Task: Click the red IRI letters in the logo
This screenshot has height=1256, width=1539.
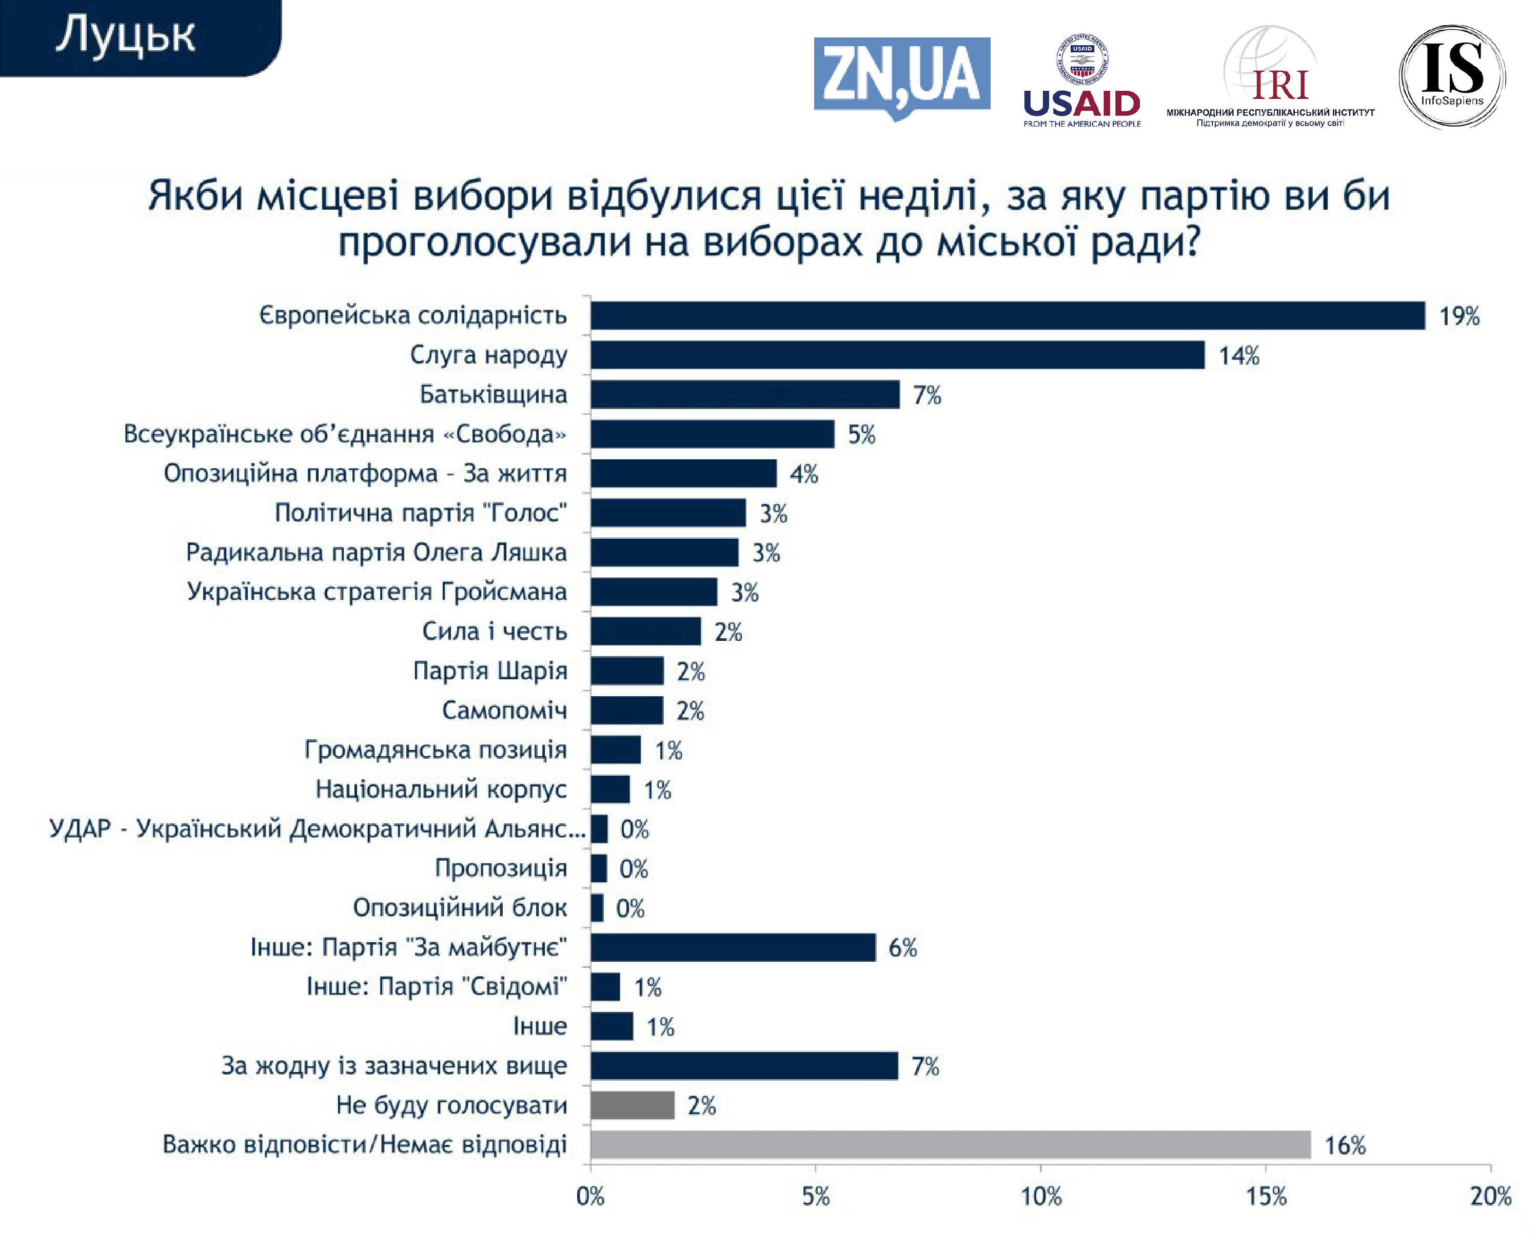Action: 1280,86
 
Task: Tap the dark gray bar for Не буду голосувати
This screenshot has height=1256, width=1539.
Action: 632,1105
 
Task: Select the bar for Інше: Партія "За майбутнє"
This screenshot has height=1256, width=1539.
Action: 733,947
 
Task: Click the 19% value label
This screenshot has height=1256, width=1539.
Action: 1458,316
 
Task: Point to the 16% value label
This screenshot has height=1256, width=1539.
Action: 1344,1145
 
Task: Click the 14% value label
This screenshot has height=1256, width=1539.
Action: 1238,356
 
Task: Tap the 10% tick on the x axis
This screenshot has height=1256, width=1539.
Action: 1040,1197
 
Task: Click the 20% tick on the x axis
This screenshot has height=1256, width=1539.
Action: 1490,1197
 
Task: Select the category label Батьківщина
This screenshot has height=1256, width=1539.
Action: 493,394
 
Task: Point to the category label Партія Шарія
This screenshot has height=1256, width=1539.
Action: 490,671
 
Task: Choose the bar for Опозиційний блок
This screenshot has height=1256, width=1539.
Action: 597,907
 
